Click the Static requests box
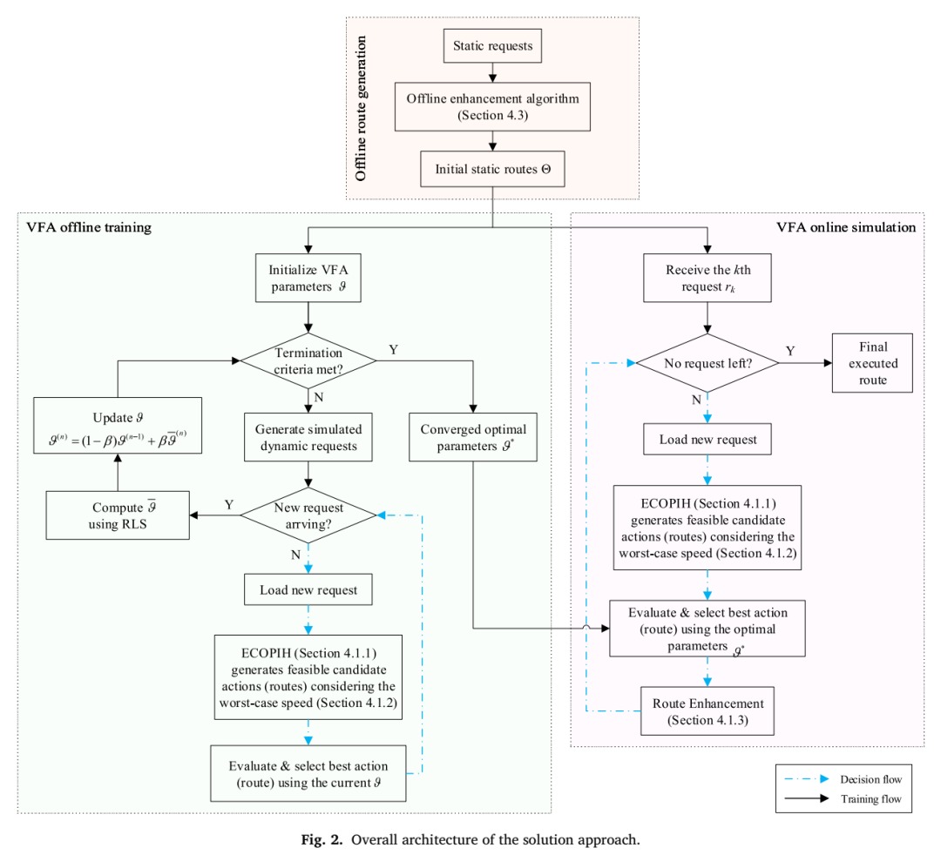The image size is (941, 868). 492,45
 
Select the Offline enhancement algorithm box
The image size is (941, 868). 492,107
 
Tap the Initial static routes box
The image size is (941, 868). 492,169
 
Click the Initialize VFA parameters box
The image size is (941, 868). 308,278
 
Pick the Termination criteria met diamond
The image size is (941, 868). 308,361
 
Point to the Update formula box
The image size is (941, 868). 118,426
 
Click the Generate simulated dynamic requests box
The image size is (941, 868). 308,437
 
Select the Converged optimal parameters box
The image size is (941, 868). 473,437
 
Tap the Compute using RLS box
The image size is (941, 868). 118,515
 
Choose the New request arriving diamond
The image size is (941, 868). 308,515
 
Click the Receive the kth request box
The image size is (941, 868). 707,278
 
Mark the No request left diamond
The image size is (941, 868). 707,363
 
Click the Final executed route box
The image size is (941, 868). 872,363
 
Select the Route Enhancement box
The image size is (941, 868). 707,711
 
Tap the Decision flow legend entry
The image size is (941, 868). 843,779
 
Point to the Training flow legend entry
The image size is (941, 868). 843,799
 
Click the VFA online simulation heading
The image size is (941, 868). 846,227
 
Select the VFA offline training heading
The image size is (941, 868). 89,227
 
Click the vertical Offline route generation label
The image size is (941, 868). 360,108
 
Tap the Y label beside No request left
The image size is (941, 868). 790,351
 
